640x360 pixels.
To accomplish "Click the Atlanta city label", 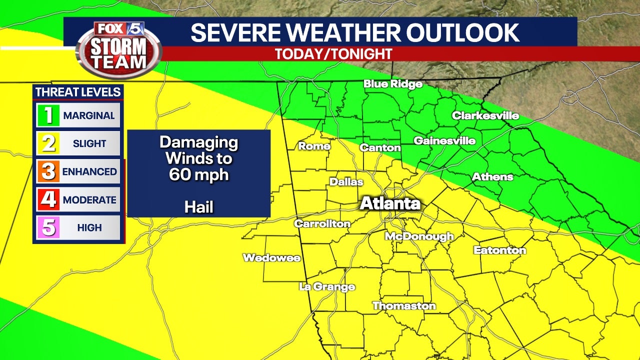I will [x=390, y=203].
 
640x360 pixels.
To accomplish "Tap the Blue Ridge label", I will [x=393, y=84].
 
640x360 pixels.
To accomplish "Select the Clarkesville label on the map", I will [x=485, y=116].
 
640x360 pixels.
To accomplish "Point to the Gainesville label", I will [x=444, y=141].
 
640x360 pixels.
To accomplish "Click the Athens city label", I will [x=492, y=176].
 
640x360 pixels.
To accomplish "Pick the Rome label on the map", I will [x=314, y=146].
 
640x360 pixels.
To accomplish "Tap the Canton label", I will [x=380, y=147].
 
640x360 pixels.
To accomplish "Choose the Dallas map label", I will [x=346, y=182].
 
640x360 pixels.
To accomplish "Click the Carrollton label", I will [x=322, y=223].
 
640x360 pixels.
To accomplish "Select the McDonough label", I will [x=419, y=236].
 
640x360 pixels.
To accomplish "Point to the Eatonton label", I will [x=499, y=250].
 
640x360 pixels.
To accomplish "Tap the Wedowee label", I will [x=271, y=258].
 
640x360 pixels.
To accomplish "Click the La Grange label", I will [x=327, y=286].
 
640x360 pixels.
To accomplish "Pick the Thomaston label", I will [x=404, y=305].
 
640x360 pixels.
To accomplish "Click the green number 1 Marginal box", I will [x=48, y=115].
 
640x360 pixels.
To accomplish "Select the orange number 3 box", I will [x=48, y=171].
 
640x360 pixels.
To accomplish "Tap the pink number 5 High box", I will [x=48, y=227].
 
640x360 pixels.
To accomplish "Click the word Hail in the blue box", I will [x=198, y=206].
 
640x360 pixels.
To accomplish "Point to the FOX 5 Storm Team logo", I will [x=119, y=49].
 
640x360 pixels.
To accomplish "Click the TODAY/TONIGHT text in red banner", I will [x=333, y=54].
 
